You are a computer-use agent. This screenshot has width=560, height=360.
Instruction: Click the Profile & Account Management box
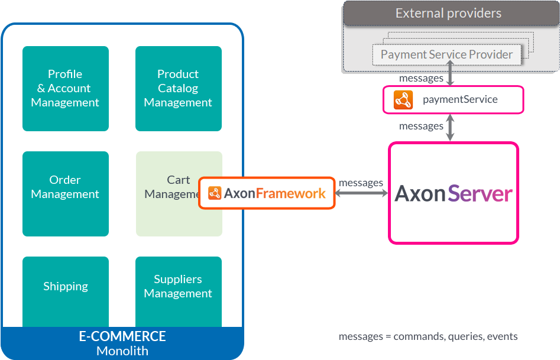point(65,88)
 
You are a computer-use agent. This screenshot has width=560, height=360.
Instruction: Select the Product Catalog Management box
point(178,88)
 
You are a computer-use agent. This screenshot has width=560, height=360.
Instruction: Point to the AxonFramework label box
point(267,193)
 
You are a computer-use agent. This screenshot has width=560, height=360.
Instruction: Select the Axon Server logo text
point(453,193)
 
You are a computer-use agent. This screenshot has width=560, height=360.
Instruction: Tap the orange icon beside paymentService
point(403,100)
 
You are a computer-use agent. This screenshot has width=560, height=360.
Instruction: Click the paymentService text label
point(460,99)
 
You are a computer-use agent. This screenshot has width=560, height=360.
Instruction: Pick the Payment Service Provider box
point(446,54)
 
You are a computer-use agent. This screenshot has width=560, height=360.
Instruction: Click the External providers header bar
point(448,14)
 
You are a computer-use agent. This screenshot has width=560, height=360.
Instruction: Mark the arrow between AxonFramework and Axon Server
point(362,193)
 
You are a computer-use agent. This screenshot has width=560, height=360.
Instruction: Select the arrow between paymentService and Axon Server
point(451,128)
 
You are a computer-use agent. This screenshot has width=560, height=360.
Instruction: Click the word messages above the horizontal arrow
point(361,183)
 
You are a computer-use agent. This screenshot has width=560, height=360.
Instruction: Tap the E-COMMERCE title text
point(122,336)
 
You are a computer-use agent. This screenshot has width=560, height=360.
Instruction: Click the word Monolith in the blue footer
point(122,351)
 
